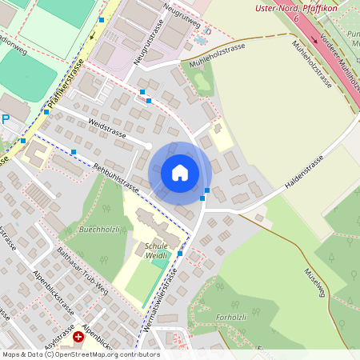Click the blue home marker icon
coord(180,172)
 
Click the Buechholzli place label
coord(100,230)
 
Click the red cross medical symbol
coord(78,338)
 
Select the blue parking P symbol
coord(5,119)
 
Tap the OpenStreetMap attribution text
coord(80,354)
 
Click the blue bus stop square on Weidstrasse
coord(74,151)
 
